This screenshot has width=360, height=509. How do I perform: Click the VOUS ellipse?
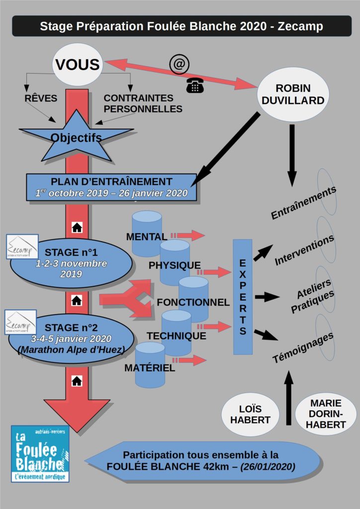(78, 65)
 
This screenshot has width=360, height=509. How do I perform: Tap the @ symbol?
(179, 64)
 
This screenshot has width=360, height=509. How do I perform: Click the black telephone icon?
(195, 85)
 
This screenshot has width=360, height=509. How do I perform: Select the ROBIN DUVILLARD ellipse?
(293, 94)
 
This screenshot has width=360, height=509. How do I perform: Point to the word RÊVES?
(41, 98)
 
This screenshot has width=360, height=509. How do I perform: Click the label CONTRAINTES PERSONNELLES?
(143, 103)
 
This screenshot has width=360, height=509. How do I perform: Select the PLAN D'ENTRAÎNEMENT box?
(111, 187)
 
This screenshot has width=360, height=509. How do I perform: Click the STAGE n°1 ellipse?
(71, 263)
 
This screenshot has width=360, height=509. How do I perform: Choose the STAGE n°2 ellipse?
(71, 338)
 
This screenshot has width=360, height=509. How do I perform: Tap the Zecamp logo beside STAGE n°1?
(22, 247)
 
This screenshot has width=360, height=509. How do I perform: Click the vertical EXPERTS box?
(243, 297)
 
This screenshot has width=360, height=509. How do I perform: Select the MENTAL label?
(147, 237)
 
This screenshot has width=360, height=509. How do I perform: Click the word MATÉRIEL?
(150, 368)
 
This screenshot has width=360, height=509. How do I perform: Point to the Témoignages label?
(303, 347)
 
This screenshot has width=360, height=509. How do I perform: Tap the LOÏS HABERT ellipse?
(250, 414)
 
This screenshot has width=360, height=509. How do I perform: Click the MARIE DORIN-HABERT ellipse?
(326, 414)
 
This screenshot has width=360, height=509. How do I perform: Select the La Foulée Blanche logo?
(40, 453)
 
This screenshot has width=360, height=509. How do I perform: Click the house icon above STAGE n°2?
(77, 301)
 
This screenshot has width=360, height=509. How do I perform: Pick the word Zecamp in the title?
(300, 26)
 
